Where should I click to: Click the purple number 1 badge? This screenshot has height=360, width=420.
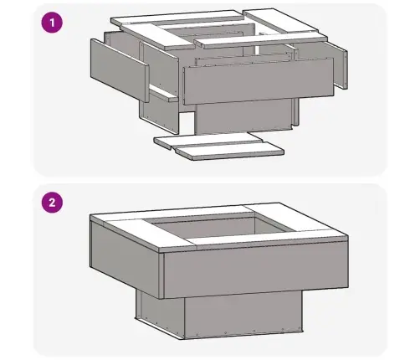(x=52, y=23)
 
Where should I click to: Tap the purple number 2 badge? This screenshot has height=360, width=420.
(x=52, y=203)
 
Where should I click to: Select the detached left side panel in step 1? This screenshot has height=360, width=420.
(x=120, y=70)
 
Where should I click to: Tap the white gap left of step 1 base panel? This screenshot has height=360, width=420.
(x=187, y=123)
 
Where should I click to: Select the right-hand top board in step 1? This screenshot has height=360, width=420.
(x=284, y=23)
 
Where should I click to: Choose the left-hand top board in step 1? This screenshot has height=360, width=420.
(x=157, y=36)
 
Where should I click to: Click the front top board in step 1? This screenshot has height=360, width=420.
(x=261, y=41)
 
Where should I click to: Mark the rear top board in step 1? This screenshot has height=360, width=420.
(x=177, y=18)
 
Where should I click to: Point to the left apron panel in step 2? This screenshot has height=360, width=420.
(x=126, y=258)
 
